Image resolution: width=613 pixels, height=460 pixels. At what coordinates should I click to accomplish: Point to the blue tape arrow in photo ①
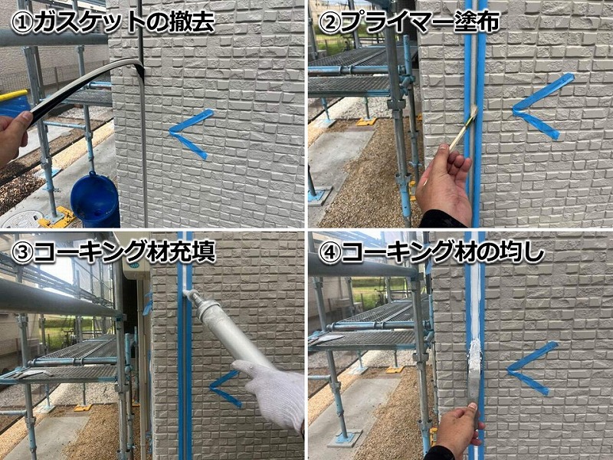pyautogui.click(x=188, y=133)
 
